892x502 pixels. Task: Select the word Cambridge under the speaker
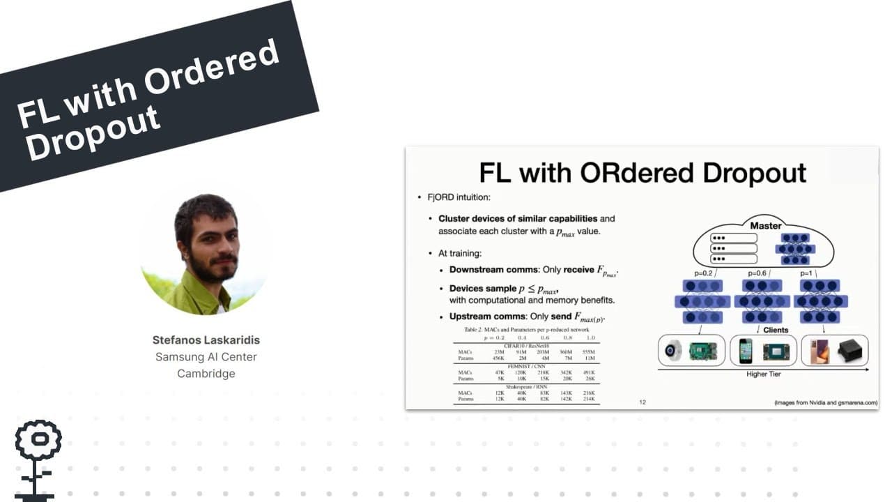click(206, 374)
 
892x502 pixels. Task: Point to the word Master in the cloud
click(765, 226)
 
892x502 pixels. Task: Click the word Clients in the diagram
click(776, 330)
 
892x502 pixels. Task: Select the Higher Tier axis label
click(763, 374)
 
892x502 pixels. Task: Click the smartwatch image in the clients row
click(673, 351)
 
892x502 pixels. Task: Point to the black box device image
click(850, 351)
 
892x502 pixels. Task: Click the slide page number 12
click(643, 402)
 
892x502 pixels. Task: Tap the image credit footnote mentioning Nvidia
click(826, 403)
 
